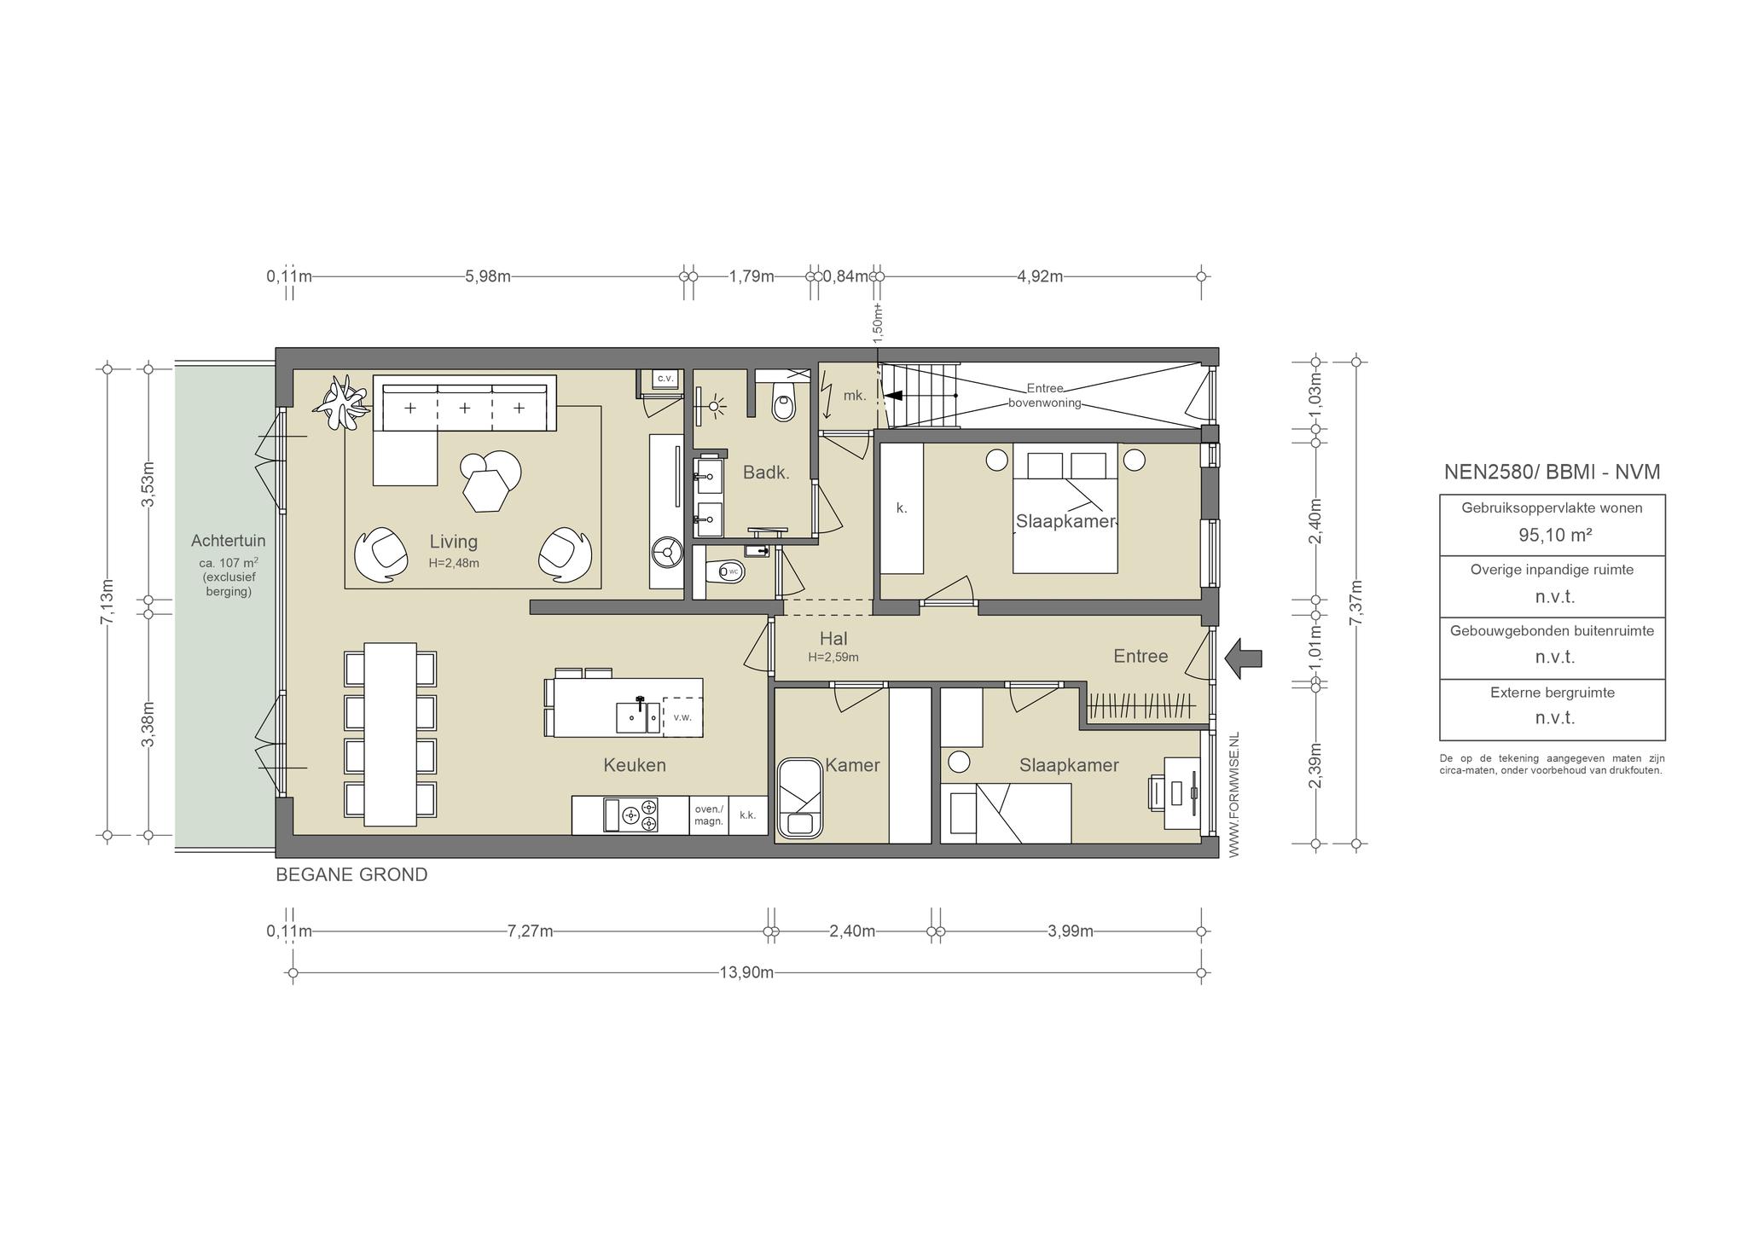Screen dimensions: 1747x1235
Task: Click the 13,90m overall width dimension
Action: (746, 972)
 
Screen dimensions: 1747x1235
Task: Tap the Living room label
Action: (453, 542)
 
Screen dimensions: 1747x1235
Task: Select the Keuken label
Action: (635, 765)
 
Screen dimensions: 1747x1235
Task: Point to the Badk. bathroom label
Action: (766, 473)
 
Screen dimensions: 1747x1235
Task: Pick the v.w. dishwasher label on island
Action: (682, 717)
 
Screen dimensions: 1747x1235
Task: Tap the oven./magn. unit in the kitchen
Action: (709, 815)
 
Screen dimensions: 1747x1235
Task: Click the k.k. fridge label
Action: (748, 815)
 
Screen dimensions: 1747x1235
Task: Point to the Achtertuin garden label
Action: (228, 541)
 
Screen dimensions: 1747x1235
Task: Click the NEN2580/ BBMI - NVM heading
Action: (1552, 473)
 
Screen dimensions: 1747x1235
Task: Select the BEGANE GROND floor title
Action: (351, 875)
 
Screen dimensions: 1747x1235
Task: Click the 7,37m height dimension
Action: (1356, 603)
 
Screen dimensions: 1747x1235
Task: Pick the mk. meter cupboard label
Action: (855, 396)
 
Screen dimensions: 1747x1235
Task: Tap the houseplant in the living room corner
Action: (342, 403)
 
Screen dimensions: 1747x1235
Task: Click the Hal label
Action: (833, 638)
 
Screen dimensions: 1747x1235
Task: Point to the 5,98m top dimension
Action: (488, 276)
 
